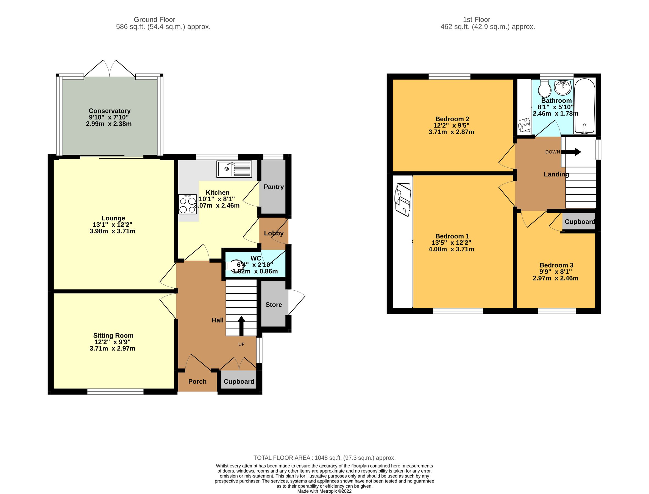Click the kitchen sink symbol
click(x=234, y=169)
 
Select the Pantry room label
click(x=274, y=187)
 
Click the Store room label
click(x=274, y=305)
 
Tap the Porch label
click(x=197, y=381)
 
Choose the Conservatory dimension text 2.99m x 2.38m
click(x=108, y=124)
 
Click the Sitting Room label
click(x=113, y=335)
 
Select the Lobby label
click(x=274, y=233)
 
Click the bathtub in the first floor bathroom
click(x=584, y=106)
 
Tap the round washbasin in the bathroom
click(x=562, y=87)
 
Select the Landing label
click(x=556, y=174)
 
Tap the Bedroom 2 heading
click(x=452, y=119)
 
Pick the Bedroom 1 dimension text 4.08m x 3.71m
click(x=451, y=249)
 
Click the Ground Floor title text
click(x=154, y=20)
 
